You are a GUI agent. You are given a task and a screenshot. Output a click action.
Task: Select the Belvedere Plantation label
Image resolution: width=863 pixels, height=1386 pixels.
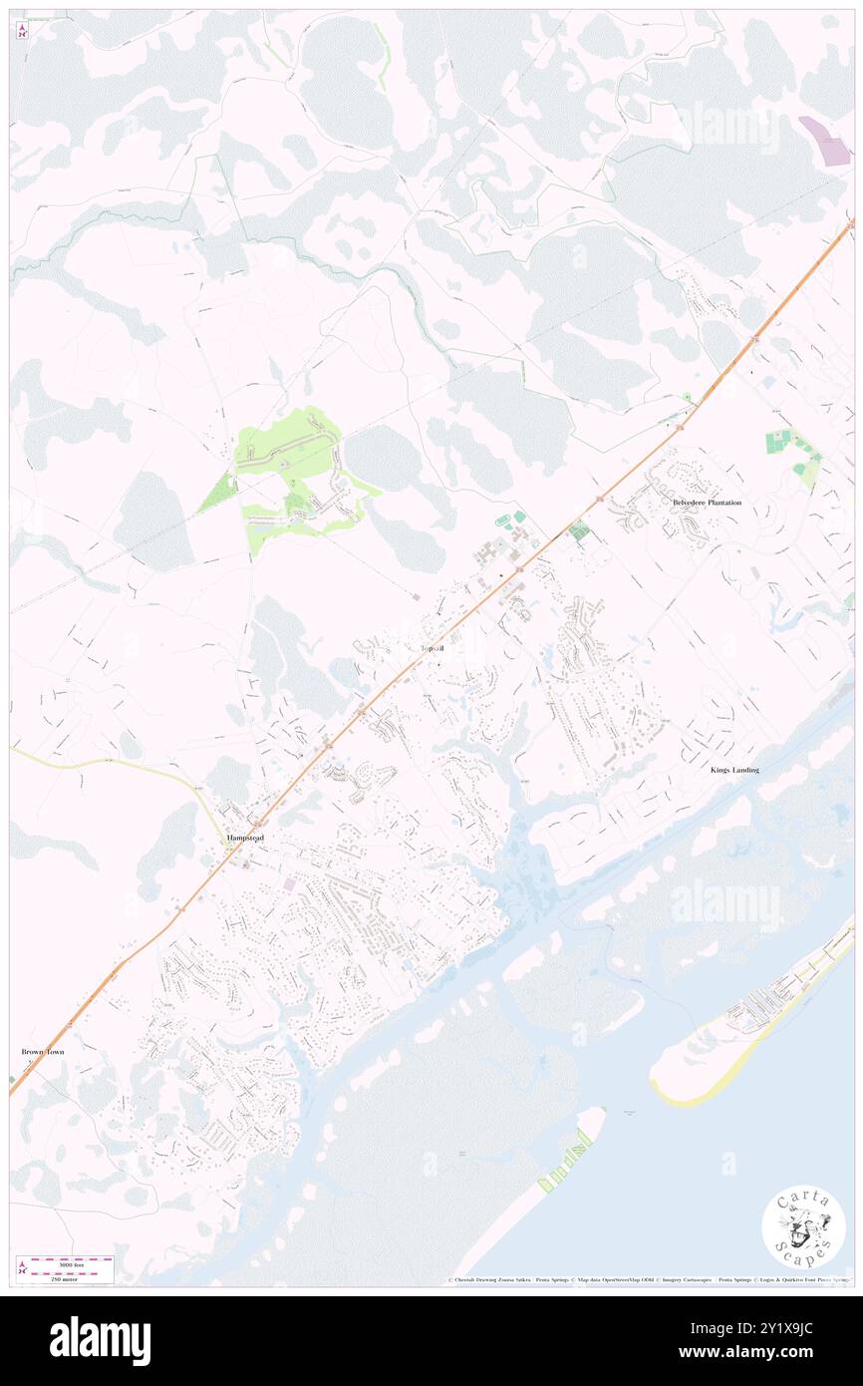pyautogui.click(x=707, y=503)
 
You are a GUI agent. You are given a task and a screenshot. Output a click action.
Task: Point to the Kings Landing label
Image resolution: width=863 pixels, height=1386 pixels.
pyautogui.click(x=734, y=770)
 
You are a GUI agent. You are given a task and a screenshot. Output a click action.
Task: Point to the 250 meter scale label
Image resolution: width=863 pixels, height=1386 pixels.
pyautogui.click(x=66, y=1277)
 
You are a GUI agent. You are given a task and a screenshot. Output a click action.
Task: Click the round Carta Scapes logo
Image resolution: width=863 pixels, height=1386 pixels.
pyautogui.click(x=803, y=1228)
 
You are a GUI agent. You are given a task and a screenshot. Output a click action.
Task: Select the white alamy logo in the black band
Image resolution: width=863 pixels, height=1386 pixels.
pyautogui.click(x=100, y=1341)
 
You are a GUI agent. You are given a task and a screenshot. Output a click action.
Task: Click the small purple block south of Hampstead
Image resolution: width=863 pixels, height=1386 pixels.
pyautogui.click(x=289, y=884)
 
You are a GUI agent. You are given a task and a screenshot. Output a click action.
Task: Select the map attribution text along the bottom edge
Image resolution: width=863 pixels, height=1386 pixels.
pyautogui.click(x=648, y=1279)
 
